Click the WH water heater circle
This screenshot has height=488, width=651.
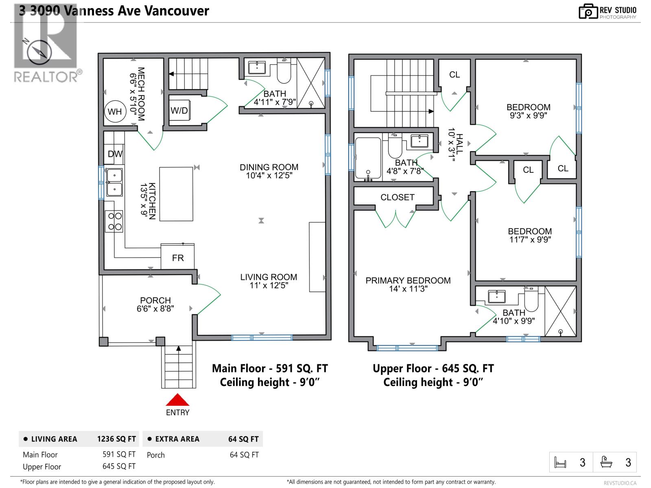115,111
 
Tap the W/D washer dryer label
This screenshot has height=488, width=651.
179,111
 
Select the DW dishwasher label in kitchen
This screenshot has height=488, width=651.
115,154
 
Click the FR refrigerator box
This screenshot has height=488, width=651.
178,257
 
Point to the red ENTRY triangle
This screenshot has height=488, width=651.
177,400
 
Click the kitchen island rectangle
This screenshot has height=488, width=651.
176,194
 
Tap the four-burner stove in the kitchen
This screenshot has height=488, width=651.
115,222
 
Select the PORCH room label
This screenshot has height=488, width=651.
155,300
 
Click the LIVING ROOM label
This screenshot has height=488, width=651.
269,277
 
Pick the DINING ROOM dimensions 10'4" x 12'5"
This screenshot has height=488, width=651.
269,176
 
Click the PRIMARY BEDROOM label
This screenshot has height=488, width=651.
408,280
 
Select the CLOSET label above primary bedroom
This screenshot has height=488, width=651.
397,197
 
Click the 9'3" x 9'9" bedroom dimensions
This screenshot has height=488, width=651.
528,115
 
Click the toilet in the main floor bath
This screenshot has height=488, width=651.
284,72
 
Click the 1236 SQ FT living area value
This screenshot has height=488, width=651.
116,439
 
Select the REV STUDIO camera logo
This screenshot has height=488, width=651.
588,11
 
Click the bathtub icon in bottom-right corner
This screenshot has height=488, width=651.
606,462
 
